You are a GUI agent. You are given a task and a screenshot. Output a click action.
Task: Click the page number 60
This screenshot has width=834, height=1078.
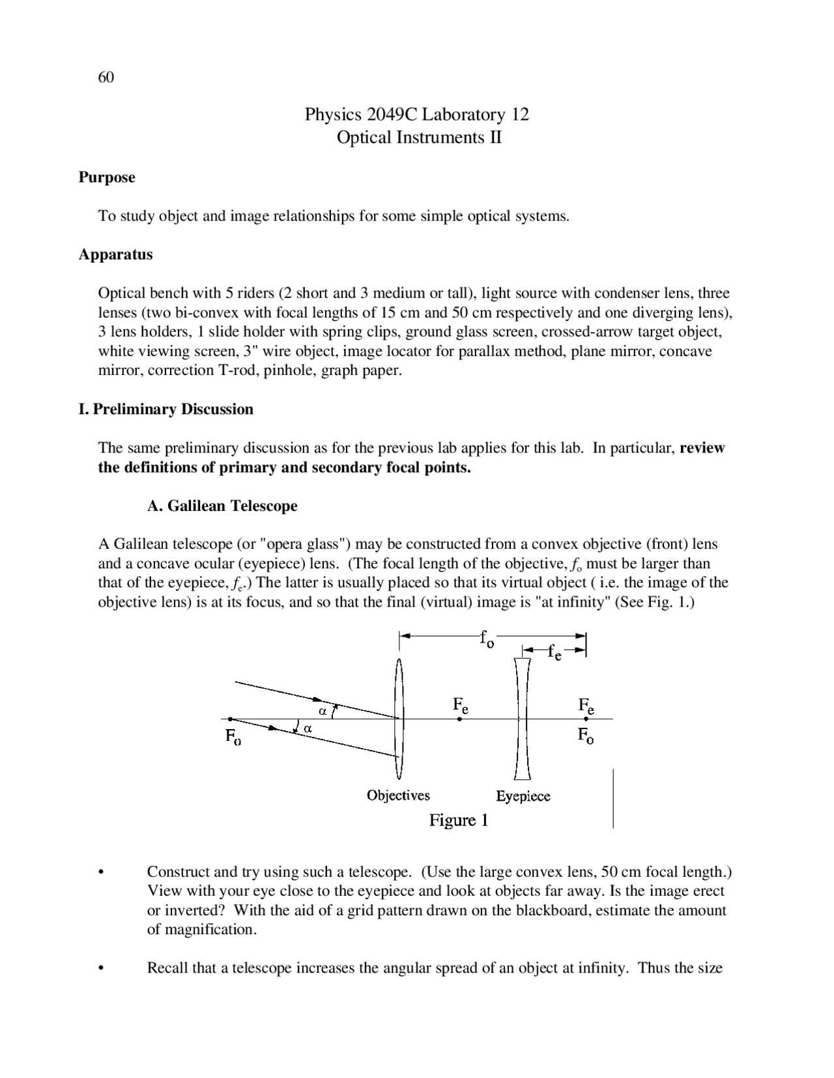click(x=106, y=77)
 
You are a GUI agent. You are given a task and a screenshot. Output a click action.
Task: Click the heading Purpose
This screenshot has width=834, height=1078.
click(x=107, y=177)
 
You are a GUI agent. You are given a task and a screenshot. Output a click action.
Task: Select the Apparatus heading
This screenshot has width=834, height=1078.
click(x=115, y=255)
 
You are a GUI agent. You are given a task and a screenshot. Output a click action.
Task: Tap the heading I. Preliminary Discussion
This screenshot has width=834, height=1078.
click(x=165, y=409)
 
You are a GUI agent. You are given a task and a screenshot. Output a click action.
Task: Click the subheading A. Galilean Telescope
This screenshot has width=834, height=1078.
click(x=222, y=506)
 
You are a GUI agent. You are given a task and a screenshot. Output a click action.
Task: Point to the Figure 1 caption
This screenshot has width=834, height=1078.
click(x=458, y=820)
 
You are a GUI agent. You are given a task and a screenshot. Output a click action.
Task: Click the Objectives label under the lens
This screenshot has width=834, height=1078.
click(x=398, y=795)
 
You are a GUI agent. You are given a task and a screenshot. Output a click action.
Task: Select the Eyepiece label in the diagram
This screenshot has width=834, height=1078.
click(x=523, y=796)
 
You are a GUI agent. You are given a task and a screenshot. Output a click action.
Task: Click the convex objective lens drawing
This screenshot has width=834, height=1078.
click(x=399, y=719)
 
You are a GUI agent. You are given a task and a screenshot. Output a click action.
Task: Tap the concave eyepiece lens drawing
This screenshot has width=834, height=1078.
click(x=522, y=719)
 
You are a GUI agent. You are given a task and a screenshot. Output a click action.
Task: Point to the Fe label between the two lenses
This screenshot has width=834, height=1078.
click(x=460, y=706)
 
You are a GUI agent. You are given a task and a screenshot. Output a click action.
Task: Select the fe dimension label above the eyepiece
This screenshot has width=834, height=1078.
click(x=554, y=652)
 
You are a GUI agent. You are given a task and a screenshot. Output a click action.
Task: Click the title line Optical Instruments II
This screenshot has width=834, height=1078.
click(x=419, y=138)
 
